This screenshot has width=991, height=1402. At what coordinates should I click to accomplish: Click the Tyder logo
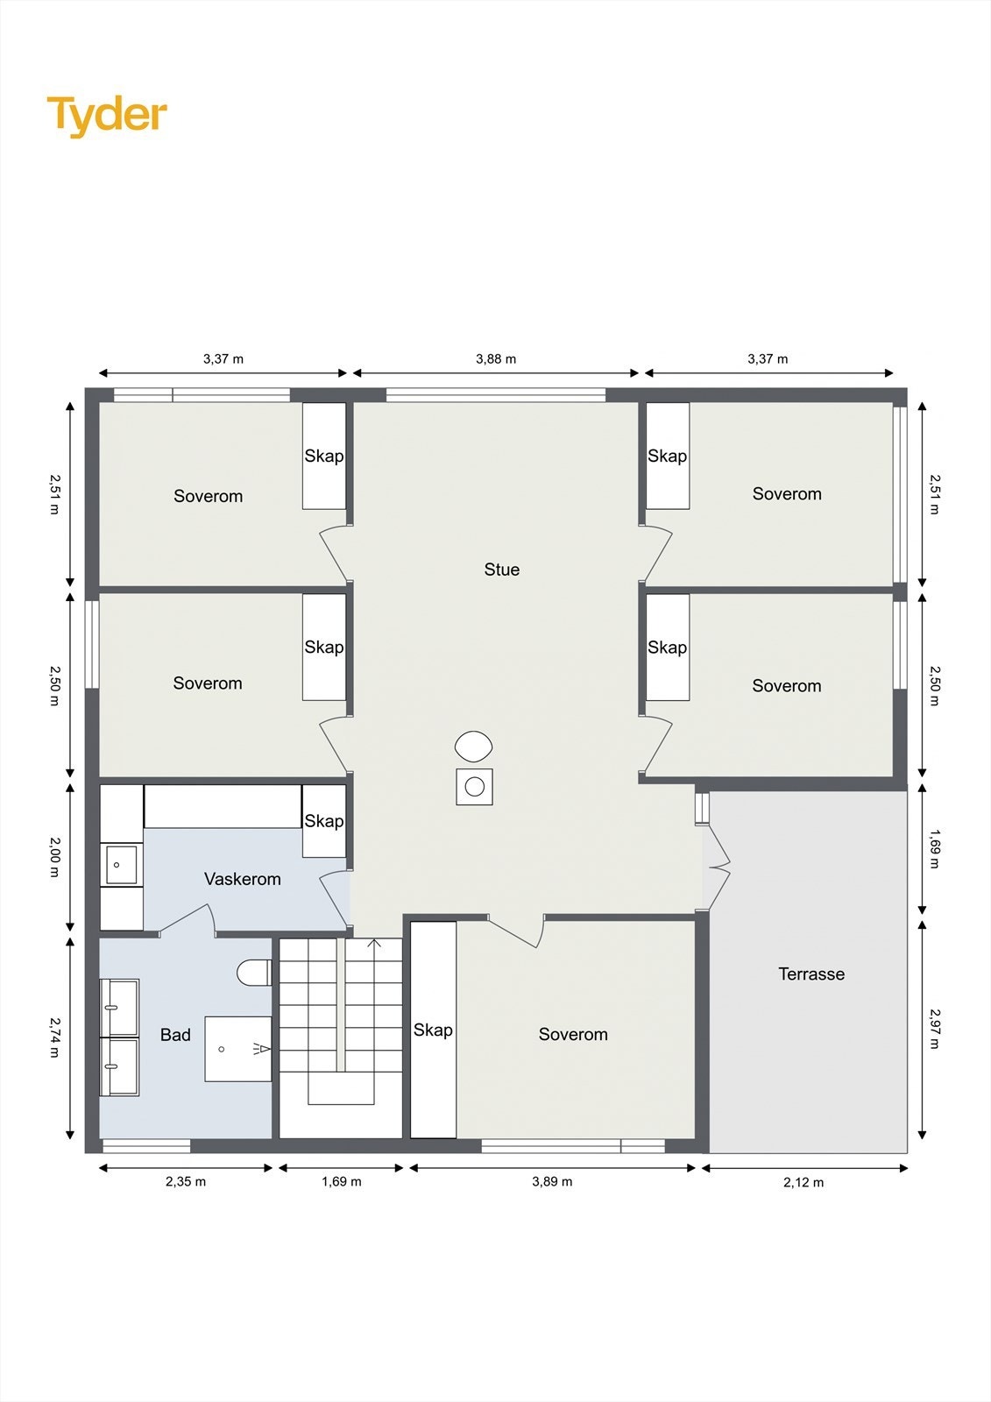tap(106, 116)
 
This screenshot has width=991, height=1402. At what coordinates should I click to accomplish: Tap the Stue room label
tap(501, 570)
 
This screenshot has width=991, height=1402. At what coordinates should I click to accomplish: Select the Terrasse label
tap(811, 974)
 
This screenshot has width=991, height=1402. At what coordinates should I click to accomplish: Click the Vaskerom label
tap(242, 879)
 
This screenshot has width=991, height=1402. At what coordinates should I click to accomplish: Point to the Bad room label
tap(175, 1035)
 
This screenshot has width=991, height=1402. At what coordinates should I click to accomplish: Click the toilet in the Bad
tap(254, 973)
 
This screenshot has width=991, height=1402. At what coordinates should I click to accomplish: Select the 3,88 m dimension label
tap(496, 358)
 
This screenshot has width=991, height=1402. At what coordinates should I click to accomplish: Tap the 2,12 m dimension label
tap(803, 1182)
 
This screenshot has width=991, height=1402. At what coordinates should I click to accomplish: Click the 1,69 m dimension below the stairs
tap(341, 1181)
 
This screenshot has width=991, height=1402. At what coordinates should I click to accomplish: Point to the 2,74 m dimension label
tap(54, 1037)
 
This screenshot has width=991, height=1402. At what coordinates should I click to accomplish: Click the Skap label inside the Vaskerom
tap(323, 821)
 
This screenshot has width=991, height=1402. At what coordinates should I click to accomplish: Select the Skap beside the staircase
tap(433, 1030)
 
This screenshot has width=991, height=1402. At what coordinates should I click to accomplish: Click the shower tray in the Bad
tap(237, 1049)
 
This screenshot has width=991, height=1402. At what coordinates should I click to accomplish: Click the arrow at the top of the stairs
tap(374, 945)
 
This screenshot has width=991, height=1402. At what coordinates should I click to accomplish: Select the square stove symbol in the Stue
tap(474, 787)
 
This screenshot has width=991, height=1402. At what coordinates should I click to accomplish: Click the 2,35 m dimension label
tap(186, 1181)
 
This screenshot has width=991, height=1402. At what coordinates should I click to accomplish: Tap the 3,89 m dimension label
tap(552, 1181)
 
